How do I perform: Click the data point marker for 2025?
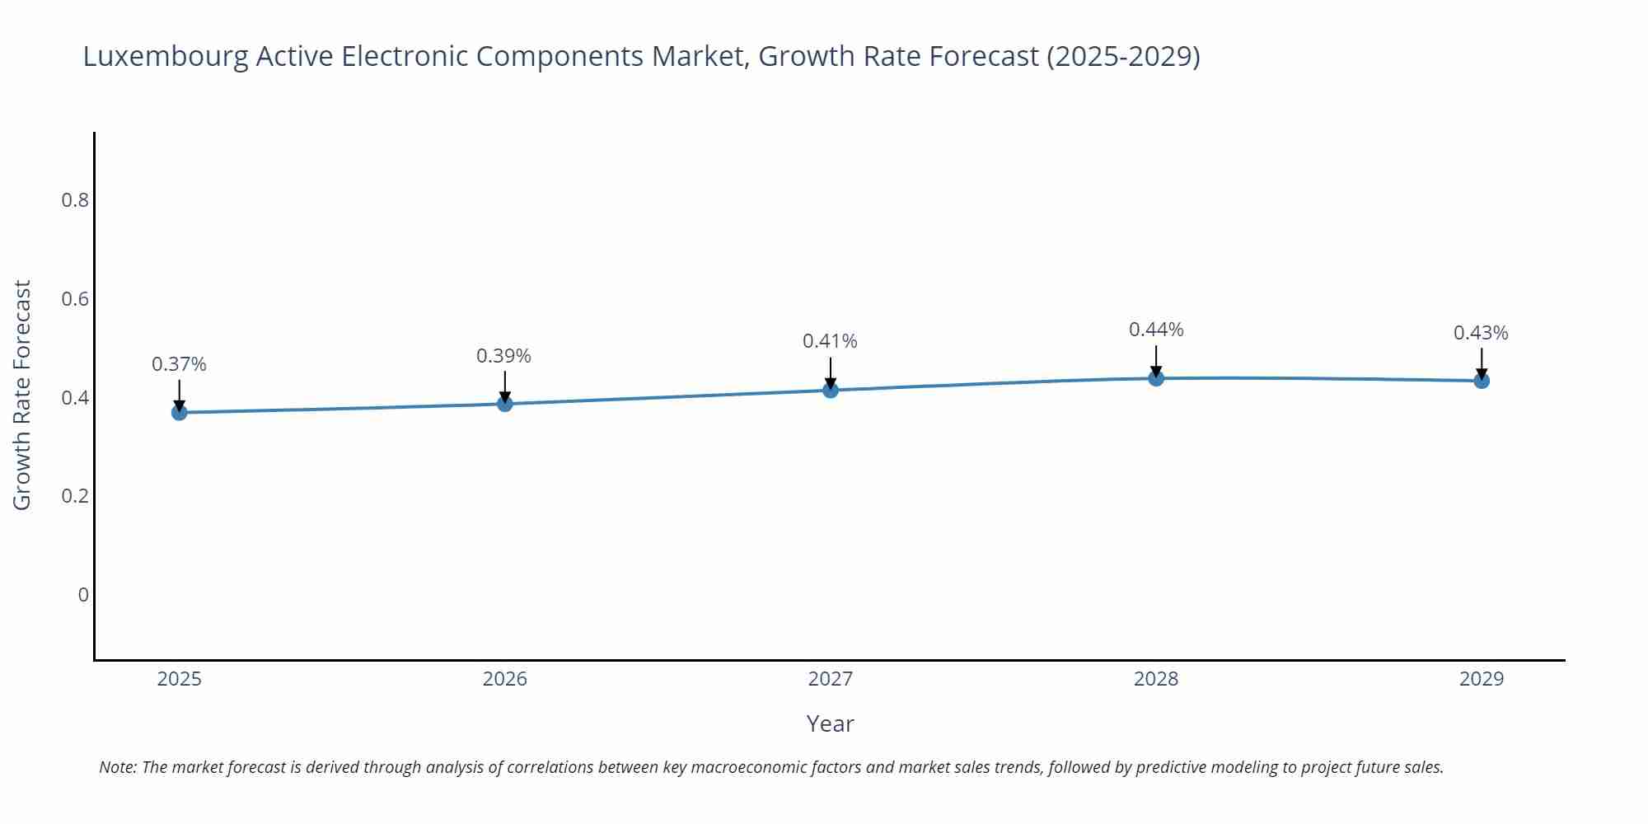(179, 412)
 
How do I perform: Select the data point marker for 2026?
(505, 403)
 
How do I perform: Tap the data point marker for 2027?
(831, 390)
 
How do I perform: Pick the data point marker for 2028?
(1156, 378)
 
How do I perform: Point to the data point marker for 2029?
(1482, 381)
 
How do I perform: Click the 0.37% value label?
(179, 364)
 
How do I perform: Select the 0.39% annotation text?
(503, 356)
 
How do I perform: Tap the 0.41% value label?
(830, 341)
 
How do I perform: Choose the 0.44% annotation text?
(1156, 330)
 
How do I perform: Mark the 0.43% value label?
(1481, 333)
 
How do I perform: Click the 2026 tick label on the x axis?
(504, 679)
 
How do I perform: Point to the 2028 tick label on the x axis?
(1156, 679)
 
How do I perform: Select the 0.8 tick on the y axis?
(75, 200)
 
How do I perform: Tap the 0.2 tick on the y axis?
(75, 496)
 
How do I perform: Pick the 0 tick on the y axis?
(83, 595)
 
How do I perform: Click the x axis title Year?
(830, 723)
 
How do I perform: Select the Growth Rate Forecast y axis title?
(22, 395)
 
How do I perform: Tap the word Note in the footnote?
(117, 767)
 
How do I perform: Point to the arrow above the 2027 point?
(831, 372)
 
